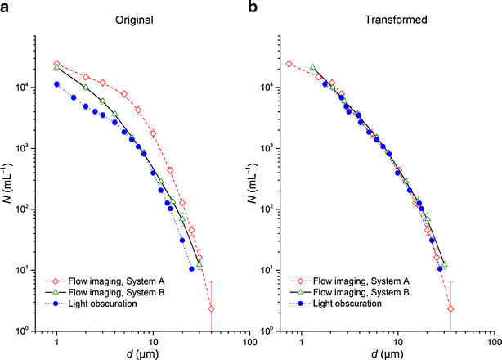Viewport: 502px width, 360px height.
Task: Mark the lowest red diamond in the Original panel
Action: tap(211, 308)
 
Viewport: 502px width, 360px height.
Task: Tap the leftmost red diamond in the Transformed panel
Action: tap(289, 64)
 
